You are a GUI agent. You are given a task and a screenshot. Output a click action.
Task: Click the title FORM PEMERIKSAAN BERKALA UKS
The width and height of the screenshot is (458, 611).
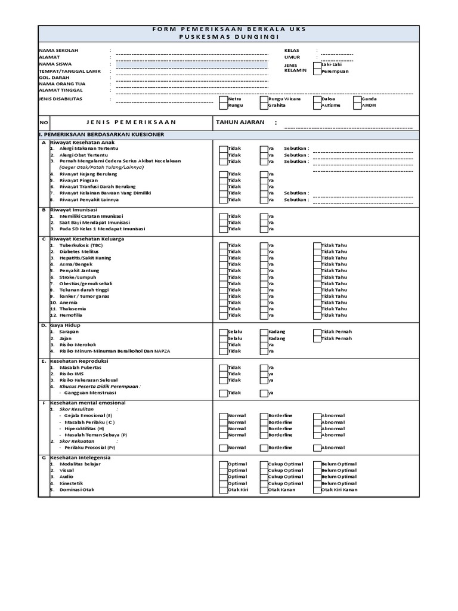[229, 28]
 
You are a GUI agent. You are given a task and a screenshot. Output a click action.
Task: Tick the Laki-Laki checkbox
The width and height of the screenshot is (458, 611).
[317, 64]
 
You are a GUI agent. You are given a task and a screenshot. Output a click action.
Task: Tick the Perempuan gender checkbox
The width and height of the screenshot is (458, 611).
[317, 71]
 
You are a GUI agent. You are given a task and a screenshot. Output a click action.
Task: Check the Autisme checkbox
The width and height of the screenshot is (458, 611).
[317, 106]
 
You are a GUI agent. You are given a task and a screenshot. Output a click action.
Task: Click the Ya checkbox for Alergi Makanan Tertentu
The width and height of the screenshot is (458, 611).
[263, 149]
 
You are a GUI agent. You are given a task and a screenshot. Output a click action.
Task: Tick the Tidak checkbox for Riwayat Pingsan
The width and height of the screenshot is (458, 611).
[223, 180]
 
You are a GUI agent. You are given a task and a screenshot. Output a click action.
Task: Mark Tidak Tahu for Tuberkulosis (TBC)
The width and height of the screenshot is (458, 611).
[317, 245]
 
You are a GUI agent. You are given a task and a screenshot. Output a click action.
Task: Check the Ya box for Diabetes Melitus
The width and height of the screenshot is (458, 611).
[263, 252]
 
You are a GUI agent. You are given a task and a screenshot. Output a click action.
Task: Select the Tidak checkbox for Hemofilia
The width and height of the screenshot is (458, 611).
[223, 316]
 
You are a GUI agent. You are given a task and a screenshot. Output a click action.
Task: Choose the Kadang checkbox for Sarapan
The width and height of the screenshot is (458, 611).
[263, 332]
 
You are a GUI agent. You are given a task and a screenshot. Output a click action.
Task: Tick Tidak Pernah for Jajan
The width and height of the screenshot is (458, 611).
[317, 338]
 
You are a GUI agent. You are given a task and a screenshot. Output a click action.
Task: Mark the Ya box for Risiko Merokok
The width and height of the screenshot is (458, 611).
[263, 345]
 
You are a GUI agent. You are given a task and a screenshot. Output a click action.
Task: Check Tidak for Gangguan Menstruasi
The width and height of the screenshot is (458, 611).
[223, 393]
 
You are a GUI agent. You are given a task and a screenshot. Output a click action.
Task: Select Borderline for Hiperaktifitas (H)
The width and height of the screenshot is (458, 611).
[263, 429]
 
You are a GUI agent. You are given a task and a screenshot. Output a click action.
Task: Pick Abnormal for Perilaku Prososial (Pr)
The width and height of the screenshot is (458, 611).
[317, 448]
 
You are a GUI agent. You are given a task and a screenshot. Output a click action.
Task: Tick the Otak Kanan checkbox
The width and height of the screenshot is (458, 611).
[263, 490]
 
